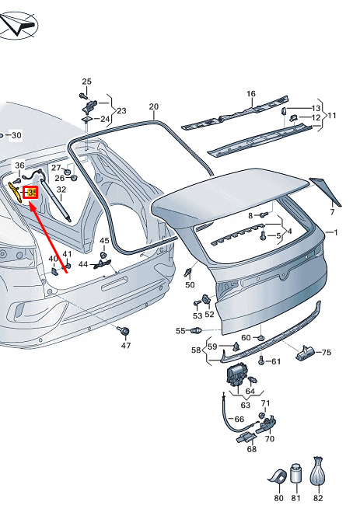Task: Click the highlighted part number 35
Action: pos(32,193)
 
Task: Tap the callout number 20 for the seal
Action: pos(153,106)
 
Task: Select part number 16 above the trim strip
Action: pos(251,94)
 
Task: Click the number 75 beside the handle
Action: pos(327,352)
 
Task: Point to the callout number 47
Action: pos(126,345)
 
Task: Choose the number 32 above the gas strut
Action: pos(61,190)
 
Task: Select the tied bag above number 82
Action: pos(317,472)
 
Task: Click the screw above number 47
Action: pos(124,331)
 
